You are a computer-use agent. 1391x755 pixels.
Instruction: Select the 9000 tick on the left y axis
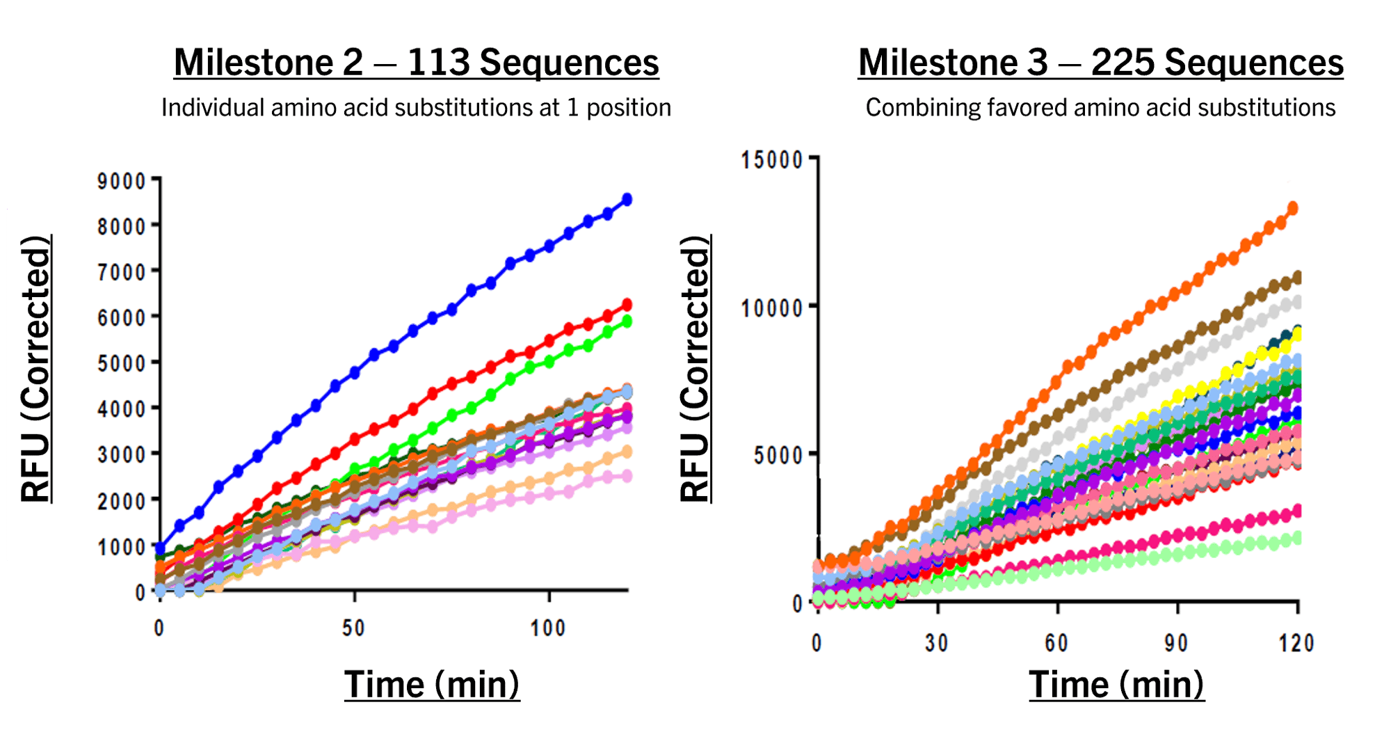pos(122,181)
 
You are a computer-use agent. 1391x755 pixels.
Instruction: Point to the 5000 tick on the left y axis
pos(122,363)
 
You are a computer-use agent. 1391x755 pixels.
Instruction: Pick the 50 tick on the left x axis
pos(353,628)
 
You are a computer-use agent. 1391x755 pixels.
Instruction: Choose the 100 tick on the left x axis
pos(547,628)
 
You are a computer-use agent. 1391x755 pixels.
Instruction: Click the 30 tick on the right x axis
pos(937,643)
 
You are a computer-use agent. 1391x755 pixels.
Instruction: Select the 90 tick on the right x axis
pos(1177,643)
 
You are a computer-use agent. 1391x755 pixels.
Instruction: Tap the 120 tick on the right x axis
pos(1296,643)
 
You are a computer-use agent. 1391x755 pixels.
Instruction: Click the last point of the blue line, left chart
pos(627,200)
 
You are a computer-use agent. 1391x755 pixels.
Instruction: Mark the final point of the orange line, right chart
pos(1292,207)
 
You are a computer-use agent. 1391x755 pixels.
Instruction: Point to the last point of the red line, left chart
pos(627,305)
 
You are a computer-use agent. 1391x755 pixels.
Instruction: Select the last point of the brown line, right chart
pos(1296,278)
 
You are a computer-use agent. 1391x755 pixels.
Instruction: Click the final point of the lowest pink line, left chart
pos(627,476)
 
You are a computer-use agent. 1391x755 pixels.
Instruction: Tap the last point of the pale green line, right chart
pos(1296,538)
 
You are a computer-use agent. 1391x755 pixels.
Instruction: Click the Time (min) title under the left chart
pos(432,684)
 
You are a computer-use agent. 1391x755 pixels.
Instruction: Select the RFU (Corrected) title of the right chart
pos(695,369)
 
